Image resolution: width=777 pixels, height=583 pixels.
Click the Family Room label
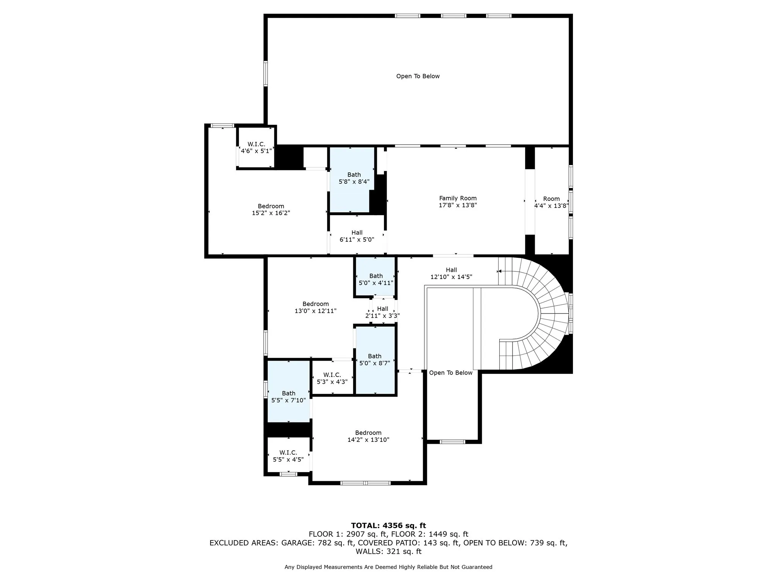coord(458,198)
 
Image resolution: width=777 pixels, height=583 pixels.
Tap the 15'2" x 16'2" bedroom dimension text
coord(271,213)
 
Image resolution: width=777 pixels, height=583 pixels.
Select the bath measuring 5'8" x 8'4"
coord(354,178)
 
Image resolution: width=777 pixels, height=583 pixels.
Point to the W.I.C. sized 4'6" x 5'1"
coord(256,147)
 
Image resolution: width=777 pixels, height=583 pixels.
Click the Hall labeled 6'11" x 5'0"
coord(357,236)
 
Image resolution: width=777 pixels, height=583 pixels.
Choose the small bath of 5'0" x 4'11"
coord(376,279)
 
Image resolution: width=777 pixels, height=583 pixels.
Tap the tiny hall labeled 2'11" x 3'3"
coord(382,312)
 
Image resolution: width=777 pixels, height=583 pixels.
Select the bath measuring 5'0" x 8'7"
coord(374,359)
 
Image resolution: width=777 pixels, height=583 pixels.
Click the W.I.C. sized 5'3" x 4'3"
coord(332,378)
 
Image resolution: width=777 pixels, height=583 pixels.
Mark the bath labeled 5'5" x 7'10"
coord(288,397)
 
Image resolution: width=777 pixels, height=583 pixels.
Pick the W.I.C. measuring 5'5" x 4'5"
coord(288,456)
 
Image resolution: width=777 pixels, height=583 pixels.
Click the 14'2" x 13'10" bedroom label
coord(368,436)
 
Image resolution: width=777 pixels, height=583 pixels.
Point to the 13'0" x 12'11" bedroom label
coord(315,307)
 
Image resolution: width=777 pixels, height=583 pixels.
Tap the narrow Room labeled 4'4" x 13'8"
coord(551,202)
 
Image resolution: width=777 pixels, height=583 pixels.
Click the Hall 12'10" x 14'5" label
coord(451,273)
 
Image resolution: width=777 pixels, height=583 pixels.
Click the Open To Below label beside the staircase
coord(451,373)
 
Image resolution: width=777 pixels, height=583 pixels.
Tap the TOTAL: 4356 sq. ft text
coord(388,526)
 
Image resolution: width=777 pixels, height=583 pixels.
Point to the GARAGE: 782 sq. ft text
coord(318,543)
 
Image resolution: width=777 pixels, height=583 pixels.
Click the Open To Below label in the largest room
coord(418,76)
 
